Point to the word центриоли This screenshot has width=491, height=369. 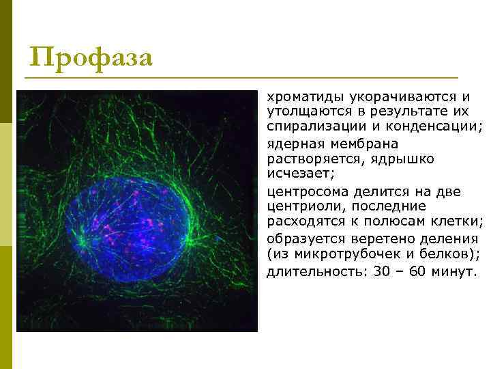[x=300, y=206]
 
